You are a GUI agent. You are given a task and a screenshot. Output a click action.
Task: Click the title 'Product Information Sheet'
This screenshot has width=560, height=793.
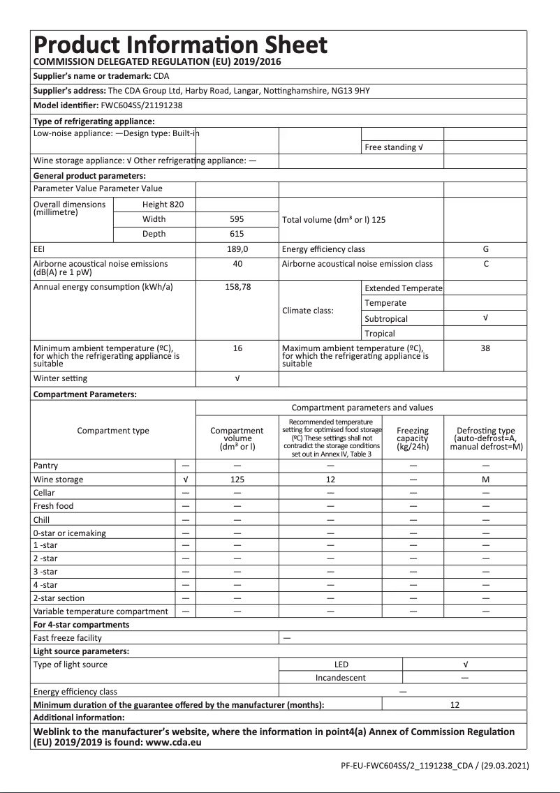(180, 45)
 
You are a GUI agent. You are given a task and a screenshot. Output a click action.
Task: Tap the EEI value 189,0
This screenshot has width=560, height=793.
(237, 249)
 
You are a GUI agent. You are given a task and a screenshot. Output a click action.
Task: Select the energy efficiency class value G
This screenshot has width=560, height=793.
(485, 249)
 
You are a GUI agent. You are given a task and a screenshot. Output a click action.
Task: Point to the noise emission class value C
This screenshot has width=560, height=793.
(485, 264)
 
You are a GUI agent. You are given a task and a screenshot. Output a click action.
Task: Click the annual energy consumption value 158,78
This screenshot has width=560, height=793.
(237, 287)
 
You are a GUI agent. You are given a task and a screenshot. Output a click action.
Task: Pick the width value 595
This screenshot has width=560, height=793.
(237, 219)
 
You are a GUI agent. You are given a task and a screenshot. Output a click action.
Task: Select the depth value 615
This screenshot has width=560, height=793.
(237, 234)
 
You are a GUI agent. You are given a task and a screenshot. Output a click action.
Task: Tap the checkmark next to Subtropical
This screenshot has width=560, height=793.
(485, 318)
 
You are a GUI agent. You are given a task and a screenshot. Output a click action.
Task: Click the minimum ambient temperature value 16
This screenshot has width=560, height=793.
(237, 348)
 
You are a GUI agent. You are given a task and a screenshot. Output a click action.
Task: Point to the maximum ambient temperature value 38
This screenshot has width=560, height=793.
(485, 348)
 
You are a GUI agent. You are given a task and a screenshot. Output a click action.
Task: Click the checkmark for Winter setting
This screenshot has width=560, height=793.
(237, 378)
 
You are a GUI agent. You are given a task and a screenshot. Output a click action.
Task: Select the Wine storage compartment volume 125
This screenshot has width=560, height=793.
(237, 480)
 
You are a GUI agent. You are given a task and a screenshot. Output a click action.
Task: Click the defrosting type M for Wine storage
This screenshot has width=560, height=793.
(485, 480)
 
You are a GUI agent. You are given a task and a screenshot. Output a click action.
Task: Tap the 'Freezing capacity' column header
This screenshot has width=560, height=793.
(413, 438)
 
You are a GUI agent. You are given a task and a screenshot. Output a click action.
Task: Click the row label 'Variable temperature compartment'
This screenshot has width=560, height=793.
(101, 612)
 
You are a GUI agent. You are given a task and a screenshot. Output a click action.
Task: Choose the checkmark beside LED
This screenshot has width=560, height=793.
(465, 665)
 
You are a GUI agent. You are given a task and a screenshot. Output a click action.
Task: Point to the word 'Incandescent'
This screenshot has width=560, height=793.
(341, 678)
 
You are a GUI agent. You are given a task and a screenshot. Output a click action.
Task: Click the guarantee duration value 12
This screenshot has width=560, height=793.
(455, 705)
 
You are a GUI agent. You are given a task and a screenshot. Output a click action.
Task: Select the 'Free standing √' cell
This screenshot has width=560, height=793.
(394, 147)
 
